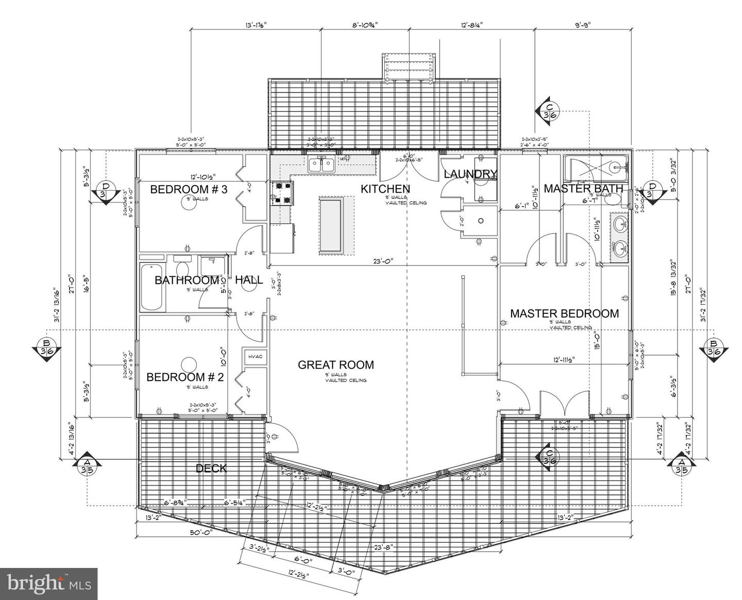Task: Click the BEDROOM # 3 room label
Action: click(x=189, y=189)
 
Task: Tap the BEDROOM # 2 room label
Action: click(x=185, y=377)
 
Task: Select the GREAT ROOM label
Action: click(x=336, y=365)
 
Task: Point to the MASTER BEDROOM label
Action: click(x=564, y=313)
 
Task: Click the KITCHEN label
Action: click(x=385, y=189)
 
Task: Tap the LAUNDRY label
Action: click(x=470, y=174)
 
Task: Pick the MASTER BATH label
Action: click(x=583, y=189)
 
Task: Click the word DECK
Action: click(x=211, y=468)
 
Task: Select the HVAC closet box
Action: click(x=255, y=357)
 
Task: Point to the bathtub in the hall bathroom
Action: click(x=151, y=287)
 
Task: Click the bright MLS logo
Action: click(x=48, y=584)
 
